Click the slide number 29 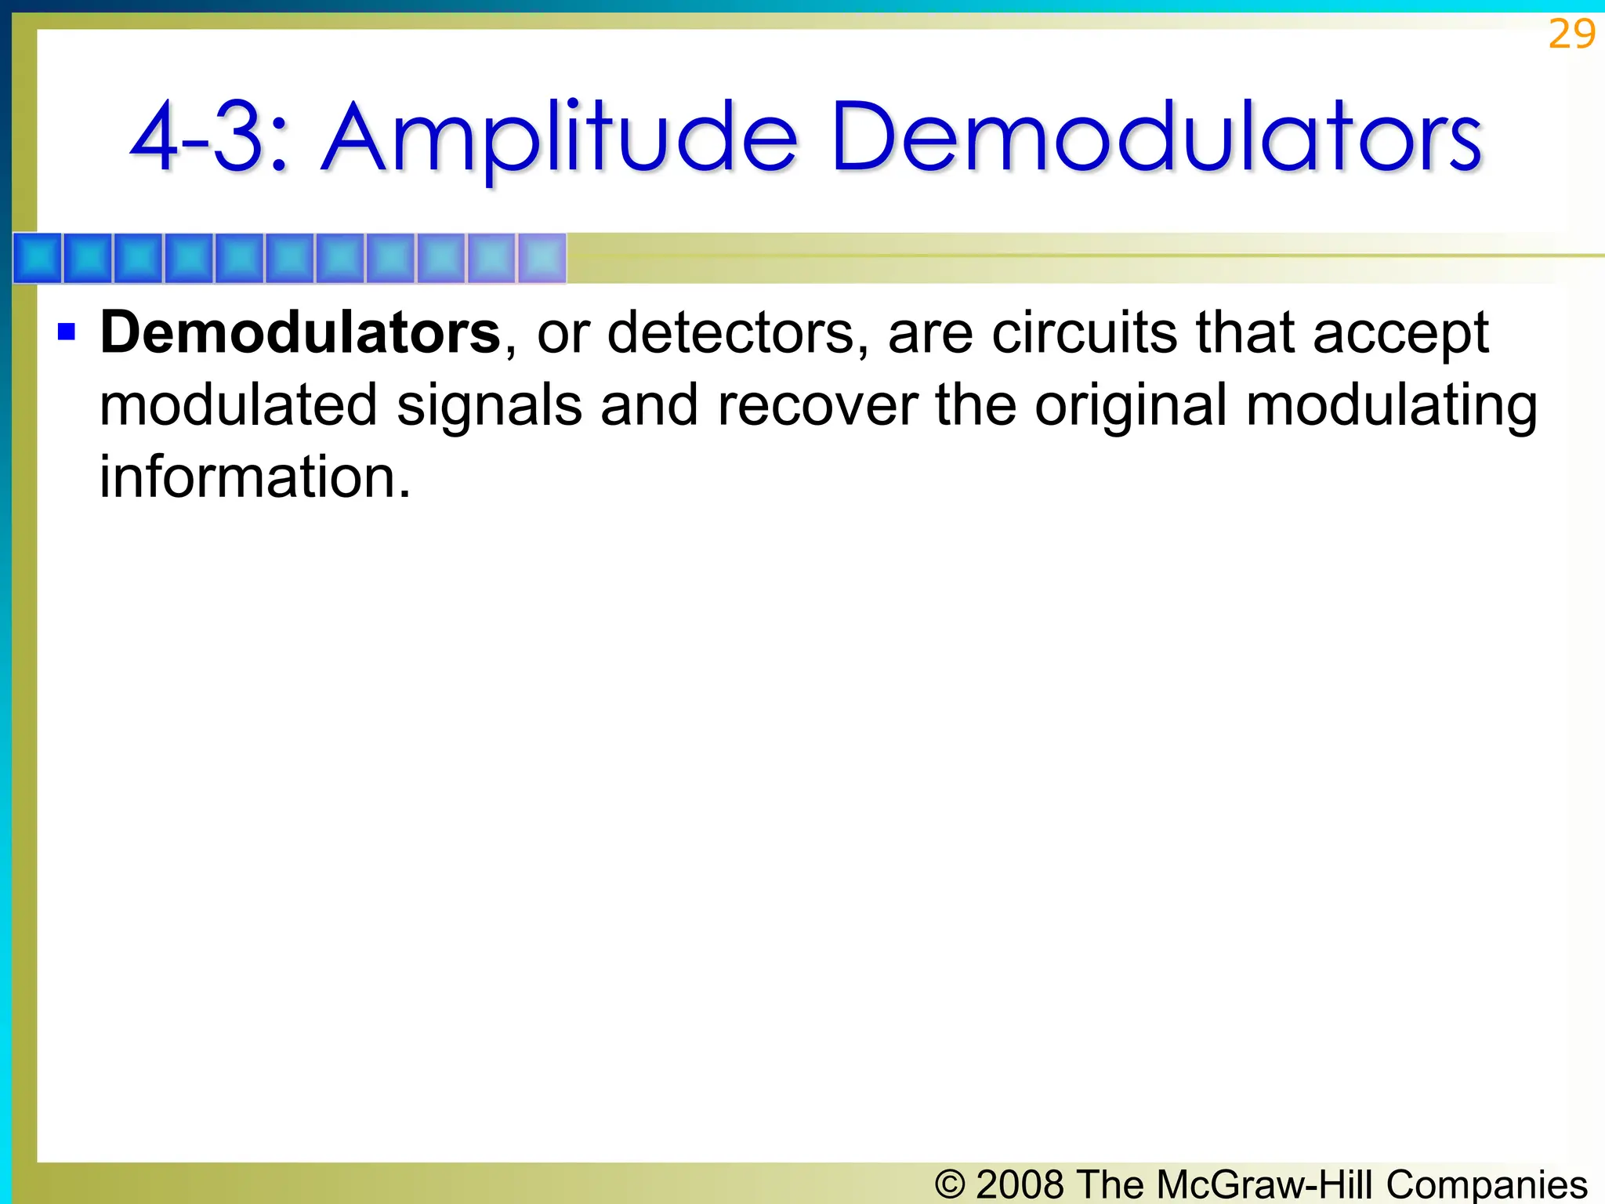1571,34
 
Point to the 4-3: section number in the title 208,140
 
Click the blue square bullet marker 67,332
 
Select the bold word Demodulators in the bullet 300,333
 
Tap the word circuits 1084,333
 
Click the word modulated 238,405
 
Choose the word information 254,477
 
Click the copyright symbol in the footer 950,1184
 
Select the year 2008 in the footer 1020,1184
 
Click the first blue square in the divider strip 38,258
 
